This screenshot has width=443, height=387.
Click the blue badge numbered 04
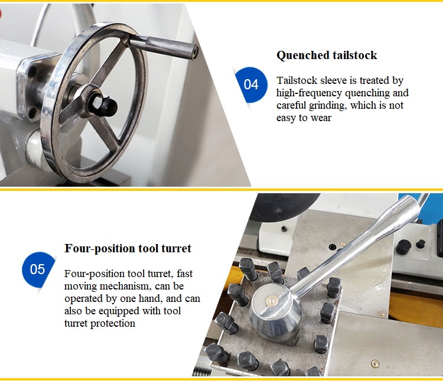coord(251,84)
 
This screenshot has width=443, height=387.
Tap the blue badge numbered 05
coord(38,269)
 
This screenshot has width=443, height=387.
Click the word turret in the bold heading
coord(176,249)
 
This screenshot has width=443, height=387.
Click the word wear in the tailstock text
coord(321,118)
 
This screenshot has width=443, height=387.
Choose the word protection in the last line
coord(112,323)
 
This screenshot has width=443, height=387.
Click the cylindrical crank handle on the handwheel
coord(164,47)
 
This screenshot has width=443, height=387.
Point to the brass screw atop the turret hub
coord(272,300)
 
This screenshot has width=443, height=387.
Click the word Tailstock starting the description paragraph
coord(297,80)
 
